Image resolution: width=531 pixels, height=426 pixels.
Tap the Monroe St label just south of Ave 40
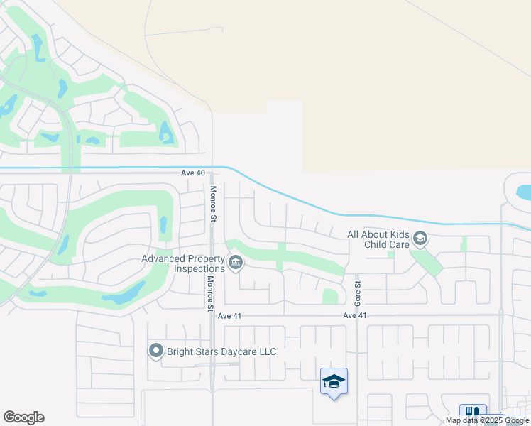(212, 204)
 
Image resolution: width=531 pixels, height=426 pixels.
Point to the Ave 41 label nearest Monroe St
(231, 316)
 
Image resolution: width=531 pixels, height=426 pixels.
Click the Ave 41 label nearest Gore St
(354, 315)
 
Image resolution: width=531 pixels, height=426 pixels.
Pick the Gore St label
(358, 293)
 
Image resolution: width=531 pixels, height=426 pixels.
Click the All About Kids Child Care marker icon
(420, 239)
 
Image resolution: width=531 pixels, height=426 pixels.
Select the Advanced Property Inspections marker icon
(236, 263)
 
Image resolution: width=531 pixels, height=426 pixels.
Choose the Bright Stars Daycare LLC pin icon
(156, 351)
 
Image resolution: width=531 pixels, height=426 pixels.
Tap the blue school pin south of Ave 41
(334, 382)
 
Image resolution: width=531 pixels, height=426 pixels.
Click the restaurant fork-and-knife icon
(473, 413)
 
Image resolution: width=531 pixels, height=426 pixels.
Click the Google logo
(23, 417)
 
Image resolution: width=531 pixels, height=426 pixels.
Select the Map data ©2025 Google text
(488, 421)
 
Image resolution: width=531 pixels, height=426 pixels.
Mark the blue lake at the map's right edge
(524, 192)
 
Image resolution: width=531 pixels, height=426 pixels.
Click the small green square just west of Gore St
(330, 296)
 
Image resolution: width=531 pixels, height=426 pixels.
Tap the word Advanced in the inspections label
(163, 259)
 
